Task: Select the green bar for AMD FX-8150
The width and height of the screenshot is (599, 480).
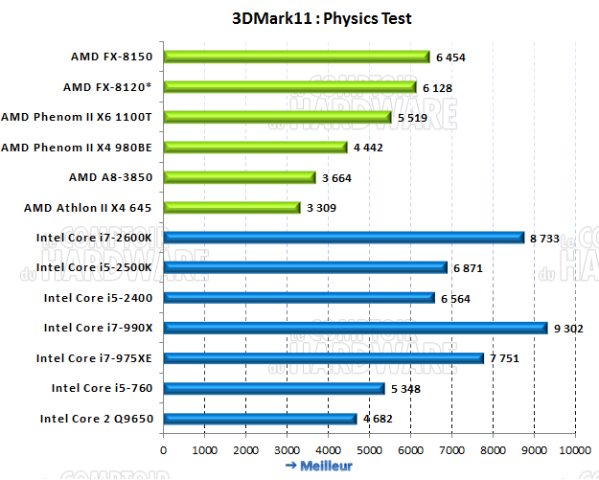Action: (x=295, y=57)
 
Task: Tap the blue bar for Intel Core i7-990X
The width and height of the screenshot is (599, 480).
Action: (x=355, y=328)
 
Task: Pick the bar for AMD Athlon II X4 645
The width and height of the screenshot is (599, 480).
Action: (x=231, y=207)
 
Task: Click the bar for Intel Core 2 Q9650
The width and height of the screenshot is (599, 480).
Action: (x=259, y=418)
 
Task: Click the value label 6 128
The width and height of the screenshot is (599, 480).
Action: (x=437, y=88)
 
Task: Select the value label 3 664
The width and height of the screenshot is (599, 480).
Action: (x=336, y=178)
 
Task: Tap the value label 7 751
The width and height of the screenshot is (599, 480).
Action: (x=505, y=358)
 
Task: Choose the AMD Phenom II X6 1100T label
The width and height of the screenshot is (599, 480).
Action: (x=82, y=117)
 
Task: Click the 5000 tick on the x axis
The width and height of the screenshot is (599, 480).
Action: (x=369, y=449)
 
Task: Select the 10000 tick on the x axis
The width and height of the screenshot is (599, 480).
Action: (x=575, y=449)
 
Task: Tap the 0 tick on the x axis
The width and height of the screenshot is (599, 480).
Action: (x=164, y=449)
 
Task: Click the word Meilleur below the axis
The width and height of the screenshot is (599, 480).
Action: (x=326, y=467)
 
